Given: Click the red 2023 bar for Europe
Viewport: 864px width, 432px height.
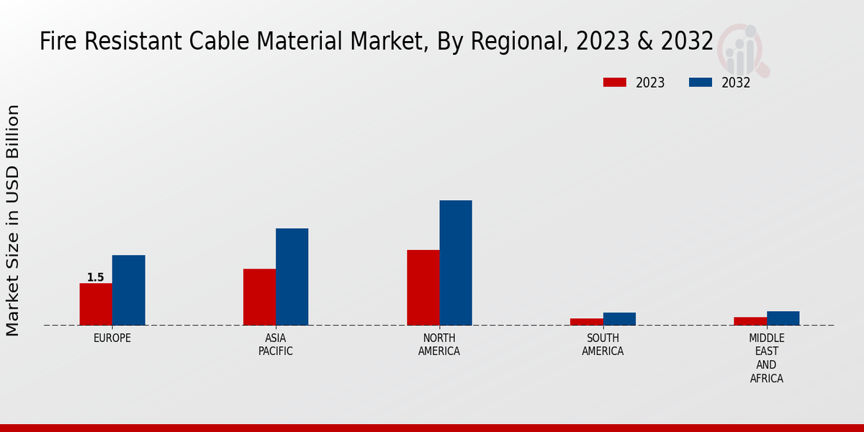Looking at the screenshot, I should pos(96,304).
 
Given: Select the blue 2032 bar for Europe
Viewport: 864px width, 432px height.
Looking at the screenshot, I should pos(128,290).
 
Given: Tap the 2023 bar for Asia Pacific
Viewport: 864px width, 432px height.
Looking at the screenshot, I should pos(259,297).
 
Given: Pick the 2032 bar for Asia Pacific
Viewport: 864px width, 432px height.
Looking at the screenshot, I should pos(292,276).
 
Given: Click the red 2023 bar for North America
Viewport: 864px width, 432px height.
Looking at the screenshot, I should pos(423,287).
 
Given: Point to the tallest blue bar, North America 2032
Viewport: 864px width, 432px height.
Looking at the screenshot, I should pos(456,263).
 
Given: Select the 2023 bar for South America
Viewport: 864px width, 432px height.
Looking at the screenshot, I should pos(586,321).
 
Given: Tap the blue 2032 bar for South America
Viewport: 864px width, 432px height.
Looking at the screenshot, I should pos(619,318).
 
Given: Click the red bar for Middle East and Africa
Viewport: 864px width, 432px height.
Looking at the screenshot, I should pos(750,320).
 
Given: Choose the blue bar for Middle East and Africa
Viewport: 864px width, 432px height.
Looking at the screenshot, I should pos(783,318).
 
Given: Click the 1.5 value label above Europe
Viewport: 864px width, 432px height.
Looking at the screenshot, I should pos(95,277).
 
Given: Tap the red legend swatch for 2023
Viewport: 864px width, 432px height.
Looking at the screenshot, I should pos(615,82).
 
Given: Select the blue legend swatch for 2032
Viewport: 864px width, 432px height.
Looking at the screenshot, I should pos(700,82).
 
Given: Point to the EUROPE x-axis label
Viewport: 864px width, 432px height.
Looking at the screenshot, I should pos(112,338).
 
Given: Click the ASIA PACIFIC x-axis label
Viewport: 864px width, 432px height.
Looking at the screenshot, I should pos(276,344).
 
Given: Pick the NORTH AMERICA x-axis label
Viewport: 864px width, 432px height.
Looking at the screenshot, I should pos(439,344).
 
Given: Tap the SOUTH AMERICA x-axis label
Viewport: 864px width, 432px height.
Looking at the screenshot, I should pos(603,344).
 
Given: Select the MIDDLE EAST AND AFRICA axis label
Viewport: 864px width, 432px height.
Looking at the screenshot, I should pos(766,358).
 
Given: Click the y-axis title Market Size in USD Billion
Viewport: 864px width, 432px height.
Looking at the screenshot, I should pos(13,220).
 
